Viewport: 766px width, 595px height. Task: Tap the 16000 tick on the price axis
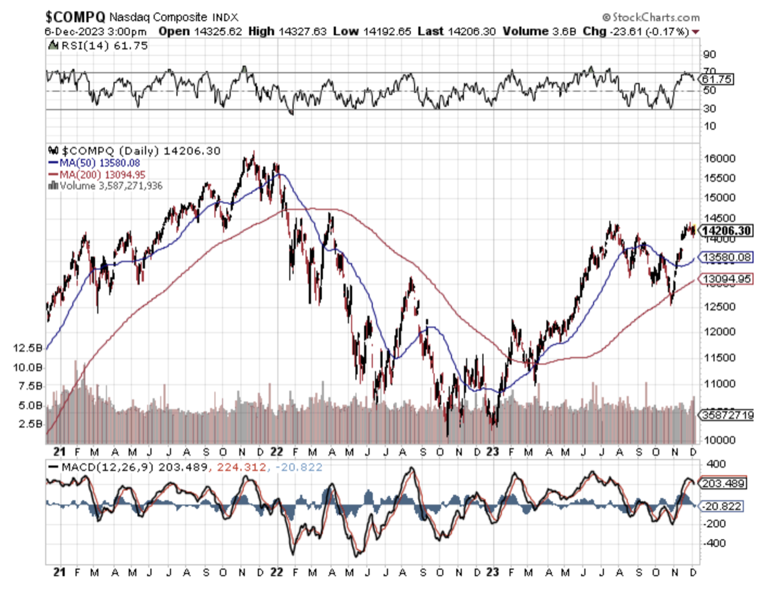715,158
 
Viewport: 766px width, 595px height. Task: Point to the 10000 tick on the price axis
715,440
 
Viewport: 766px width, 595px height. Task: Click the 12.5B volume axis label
29,348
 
